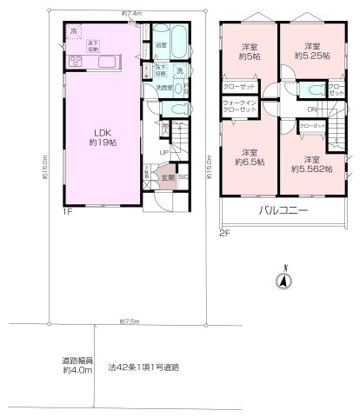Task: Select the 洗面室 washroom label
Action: click(x=163, y=89)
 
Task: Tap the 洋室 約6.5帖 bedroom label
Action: click(x=250, y=156)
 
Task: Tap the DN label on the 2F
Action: click(x=311, y=109)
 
